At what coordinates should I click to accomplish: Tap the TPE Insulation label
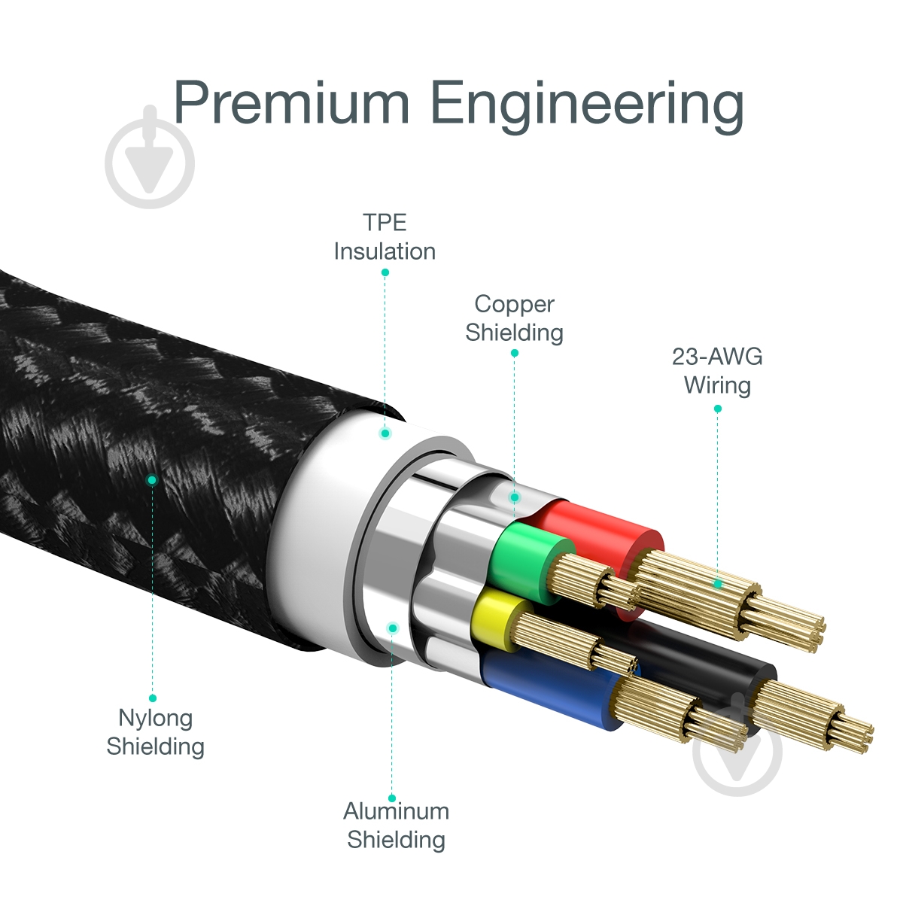click(385, 236)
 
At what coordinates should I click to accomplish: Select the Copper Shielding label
click(514, 318)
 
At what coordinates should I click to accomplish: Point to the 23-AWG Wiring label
click(717, 370)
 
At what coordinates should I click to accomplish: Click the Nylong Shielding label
click(155, 731)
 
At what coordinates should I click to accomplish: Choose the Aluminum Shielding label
click(396, 825)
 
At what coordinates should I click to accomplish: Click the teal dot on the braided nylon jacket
click(152, 479)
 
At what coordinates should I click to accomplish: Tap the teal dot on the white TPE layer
click(385, 433)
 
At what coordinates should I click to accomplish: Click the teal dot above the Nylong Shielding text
click(153, 698)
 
